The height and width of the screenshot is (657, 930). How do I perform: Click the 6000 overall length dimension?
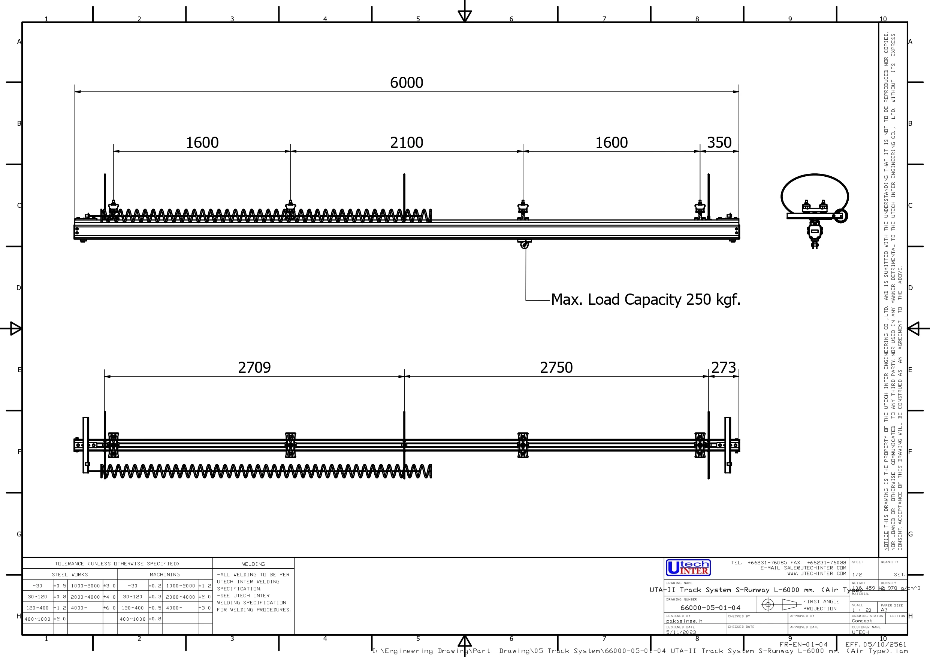[x=406, y=83]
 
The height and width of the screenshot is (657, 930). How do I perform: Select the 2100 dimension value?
[x=406, y=143]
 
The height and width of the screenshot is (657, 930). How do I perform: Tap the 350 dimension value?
[x=719, y=143]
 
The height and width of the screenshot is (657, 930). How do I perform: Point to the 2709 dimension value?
[x=254, y=368]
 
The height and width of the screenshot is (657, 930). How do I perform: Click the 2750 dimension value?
[x=556, y=368]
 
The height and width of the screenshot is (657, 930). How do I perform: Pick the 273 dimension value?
[x=724, y=368]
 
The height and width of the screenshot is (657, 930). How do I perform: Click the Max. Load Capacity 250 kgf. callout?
[x=646, y=299]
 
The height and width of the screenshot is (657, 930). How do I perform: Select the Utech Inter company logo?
[x=688, y=568]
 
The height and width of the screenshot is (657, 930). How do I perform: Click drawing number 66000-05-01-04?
[x=710, y=608]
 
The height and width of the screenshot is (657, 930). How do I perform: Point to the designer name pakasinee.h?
[x=684, y=621]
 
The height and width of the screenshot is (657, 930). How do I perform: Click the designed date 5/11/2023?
[x=681, y=632]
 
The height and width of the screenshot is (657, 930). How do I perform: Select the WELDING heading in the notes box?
[x=253, y=564]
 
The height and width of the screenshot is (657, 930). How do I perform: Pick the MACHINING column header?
[x=164, y=574]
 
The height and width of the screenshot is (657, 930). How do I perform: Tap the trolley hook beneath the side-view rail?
[x=524, y=244]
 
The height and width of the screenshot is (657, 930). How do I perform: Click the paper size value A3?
[x=884, y=609]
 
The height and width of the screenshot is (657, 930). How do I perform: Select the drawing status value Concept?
[x=861, y=621]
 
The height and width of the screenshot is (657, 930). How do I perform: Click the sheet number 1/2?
[x=857, y=574]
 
